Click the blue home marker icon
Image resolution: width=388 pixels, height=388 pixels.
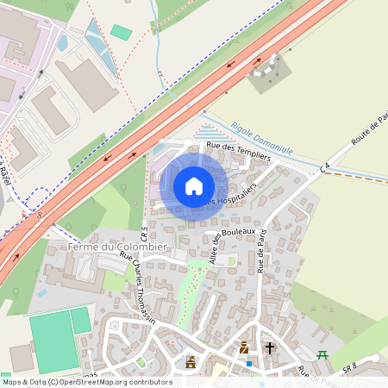click(x=194, y=185)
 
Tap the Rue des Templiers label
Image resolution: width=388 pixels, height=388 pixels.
click(x=239, y=151)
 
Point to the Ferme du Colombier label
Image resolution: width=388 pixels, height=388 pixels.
click(x=107, y=248)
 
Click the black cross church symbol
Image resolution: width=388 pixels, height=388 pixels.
click(x=270, y=348)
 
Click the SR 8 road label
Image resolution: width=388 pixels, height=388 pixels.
click(x=349, y=367)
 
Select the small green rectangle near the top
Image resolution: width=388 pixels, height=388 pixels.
click(x=122, y=32)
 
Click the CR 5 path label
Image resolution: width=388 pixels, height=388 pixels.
click(x=145, y=235)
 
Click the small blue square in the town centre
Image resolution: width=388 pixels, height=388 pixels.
click(x=248, y=363)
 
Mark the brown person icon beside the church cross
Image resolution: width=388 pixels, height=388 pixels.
click(x=244, y=348)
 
